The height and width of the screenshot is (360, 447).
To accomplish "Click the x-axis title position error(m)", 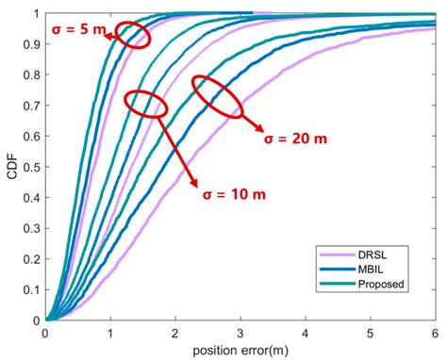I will [240, 350].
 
